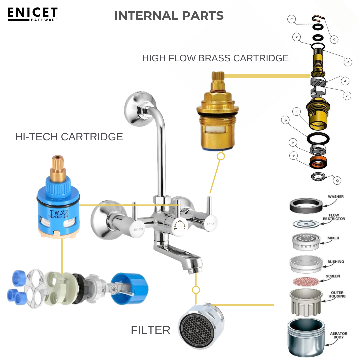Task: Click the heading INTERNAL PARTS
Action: (169, 16)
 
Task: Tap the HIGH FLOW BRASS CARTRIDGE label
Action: (215, 58)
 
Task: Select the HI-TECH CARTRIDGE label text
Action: (69, 137)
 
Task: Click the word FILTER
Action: (150, 330)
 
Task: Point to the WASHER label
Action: (335, 197)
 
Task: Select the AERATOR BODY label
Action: (338, 335)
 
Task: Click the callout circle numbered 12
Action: (337, 181)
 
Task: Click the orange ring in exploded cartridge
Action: (319, 163)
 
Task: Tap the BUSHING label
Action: (335, 262)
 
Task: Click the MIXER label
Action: (333, 238)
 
